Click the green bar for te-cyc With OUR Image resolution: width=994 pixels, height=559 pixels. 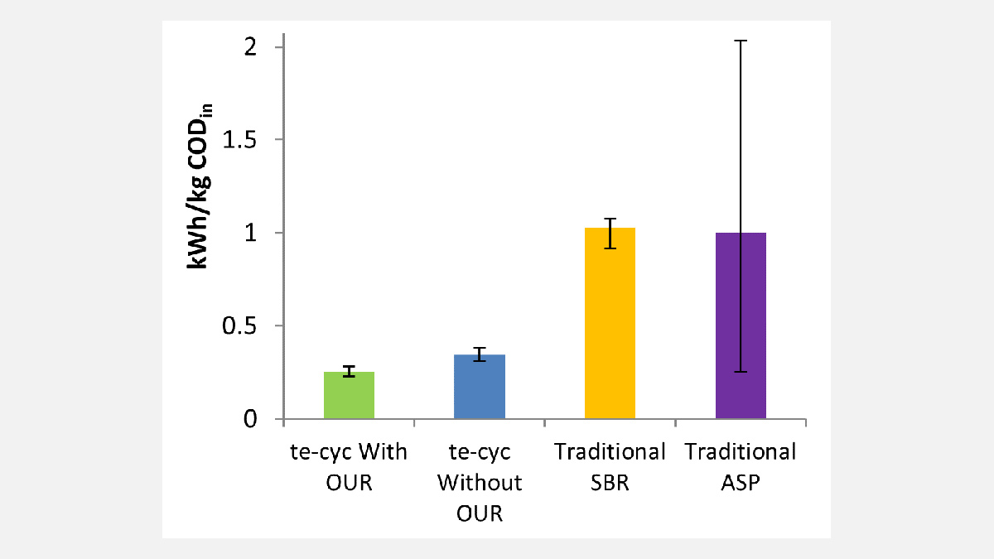click(x=349, y=398)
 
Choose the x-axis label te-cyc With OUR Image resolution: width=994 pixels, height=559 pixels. click(x=349, y=467)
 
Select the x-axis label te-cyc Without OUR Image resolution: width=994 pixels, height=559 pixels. click(x=480, y=482)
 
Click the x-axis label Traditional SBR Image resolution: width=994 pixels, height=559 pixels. click(x=610, y=467)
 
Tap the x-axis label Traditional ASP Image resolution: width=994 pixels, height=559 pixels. click(x=741, y=467)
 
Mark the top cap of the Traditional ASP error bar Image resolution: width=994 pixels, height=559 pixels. click(x=741, y=40)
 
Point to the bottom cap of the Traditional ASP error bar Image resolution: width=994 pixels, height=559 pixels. click(x=741, y=372)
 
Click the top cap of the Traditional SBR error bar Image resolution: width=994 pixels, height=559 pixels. click(x=610, y=219)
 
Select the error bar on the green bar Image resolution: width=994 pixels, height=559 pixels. click(x=349, y=371)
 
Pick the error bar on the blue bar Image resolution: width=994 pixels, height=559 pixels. click(x=480, y=354)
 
